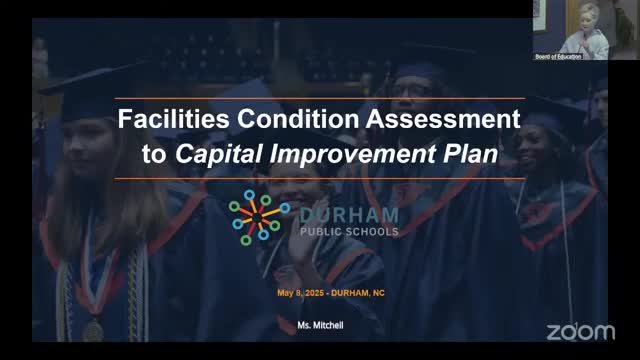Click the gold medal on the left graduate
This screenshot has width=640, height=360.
click(93, 328)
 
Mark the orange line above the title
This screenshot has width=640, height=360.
click(320, 98)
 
